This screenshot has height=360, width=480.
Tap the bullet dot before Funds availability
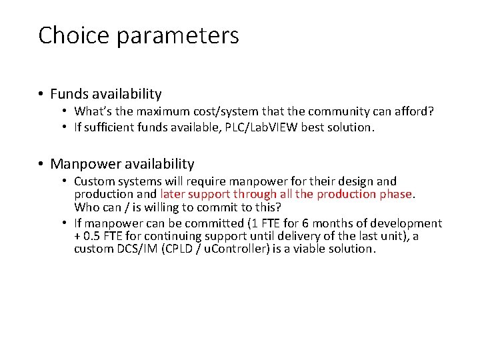point(41,94)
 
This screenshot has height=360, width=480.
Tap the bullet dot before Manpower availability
point(41,164)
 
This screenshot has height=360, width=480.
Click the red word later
point(173,194)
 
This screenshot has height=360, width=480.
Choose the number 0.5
point(93,236)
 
